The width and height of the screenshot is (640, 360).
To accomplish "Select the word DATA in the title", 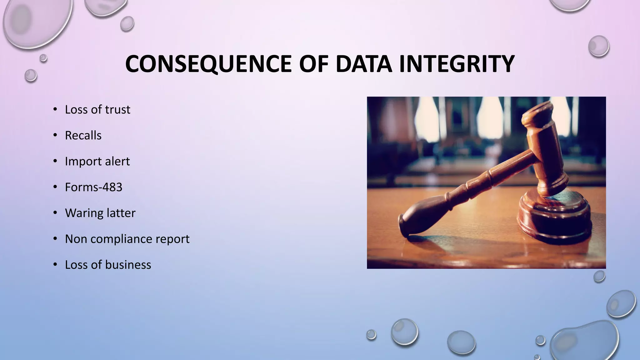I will coord(364,64).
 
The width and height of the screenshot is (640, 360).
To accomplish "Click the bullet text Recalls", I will coord(83,135).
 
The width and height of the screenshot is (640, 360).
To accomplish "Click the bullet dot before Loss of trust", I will coord(55,109).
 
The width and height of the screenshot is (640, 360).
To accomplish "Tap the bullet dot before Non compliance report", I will coord(55,239).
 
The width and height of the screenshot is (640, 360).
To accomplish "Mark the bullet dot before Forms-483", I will coord(55,187).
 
